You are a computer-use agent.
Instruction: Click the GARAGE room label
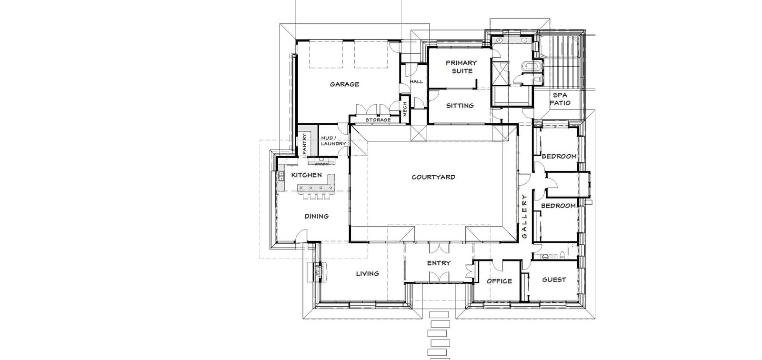pos(344,84)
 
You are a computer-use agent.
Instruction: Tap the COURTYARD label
pos(433,177)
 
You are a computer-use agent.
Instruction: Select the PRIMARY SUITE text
pos(461,67)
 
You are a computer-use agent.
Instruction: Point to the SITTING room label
pos(460,106)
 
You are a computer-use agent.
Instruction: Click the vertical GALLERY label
pos(524,216)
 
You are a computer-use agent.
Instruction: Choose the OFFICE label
pos(499,281)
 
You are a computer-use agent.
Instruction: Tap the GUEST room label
pos(554,280)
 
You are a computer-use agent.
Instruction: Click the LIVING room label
pos(367,274)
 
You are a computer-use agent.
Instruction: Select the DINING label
pos(316,216)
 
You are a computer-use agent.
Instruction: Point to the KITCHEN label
pos(307,175)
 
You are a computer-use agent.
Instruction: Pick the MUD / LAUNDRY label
pos(333,141)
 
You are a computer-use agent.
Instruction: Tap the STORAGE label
pos(378,120)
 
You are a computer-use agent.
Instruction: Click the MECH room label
pos(405,109)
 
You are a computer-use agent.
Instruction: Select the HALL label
pos(416,81)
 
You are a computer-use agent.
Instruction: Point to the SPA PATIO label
pos(560,99)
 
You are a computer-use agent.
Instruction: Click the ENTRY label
pos(439,263)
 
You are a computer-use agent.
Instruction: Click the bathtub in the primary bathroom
pos(533,66)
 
